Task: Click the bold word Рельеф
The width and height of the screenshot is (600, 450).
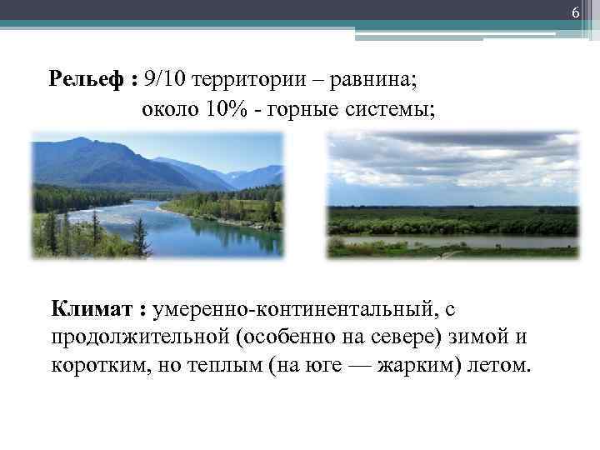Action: pos(87,79)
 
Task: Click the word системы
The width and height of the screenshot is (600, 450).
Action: pos(387,109)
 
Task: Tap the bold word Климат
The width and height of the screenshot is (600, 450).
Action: pos(92,310)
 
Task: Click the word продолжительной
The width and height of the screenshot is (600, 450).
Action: pos(134,338)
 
